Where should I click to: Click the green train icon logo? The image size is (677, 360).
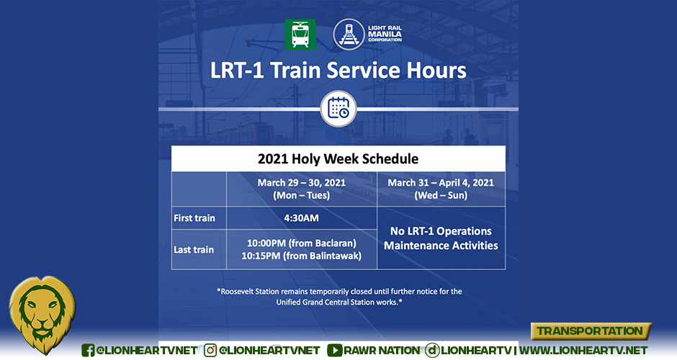click(x=300, y=34)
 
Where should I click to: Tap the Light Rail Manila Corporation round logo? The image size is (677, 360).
click(x=348, y=34)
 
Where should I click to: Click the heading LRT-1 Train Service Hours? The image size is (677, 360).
click(x=338, y=71)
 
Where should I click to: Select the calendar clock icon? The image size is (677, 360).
click(x=338, y=109)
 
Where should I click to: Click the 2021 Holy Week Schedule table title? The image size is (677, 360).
click(x=338, y=158)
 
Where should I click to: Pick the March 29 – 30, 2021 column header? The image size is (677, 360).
click(x=301, y=189)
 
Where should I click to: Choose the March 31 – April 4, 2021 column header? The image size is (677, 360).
click(x=441, y=189)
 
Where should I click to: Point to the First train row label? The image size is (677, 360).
click(x=194, y=217)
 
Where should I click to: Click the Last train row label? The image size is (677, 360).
click(x=194, y=249)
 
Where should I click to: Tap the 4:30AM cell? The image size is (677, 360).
click(x=301, y=217)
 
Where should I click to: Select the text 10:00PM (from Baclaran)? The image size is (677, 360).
click(x=301, y=243)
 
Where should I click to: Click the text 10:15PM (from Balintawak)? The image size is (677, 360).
click(x=301, y=256)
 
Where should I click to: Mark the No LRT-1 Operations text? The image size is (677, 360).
click(x=441, y=231)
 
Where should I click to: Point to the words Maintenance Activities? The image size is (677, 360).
click(x=441, y=246)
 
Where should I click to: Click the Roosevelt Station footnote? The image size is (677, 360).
click(x=338, y=297)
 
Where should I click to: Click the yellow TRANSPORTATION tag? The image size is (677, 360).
click(x=591, y=331)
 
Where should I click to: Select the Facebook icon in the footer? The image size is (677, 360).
click(x=88, y=350)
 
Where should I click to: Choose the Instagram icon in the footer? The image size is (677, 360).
click(x=211, y=350)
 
